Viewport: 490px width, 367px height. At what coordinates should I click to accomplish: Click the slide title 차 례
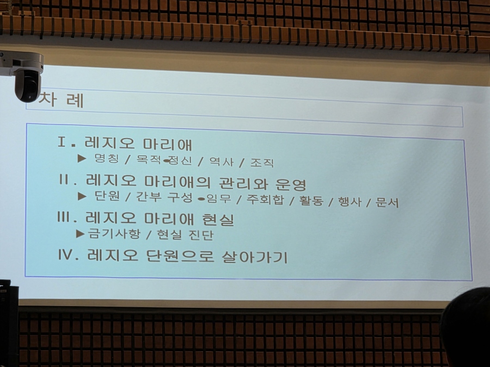pos(62,99)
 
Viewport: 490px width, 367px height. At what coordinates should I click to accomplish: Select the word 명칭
pos(107,159)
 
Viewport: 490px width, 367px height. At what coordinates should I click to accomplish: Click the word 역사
pos(221,161)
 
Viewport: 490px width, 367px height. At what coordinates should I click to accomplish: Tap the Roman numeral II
pos(65,180)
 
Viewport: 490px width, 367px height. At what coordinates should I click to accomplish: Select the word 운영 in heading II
pos(291,185)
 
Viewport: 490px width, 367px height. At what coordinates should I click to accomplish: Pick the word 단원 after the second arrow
pos(107,196)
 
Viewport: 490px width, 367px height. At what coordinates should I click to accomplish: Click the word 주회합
pos(265,200)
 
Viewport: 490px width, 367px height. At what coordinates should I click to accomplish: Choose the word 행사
pos(350,202)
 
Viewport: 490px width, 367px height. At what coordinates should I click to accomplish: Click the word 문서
pos(387,203)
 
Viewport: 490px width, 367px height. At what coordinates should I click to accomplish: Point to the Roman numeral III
pos(65,217)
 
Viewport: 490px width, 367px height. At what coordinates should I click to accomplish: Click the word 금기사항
pos(114,233)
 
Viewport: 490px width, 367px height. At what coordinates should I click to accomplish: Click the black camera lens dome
pos(28,86)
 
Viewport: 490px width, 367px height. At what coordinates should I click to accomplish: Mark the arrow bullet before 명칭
pos(82,158)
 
